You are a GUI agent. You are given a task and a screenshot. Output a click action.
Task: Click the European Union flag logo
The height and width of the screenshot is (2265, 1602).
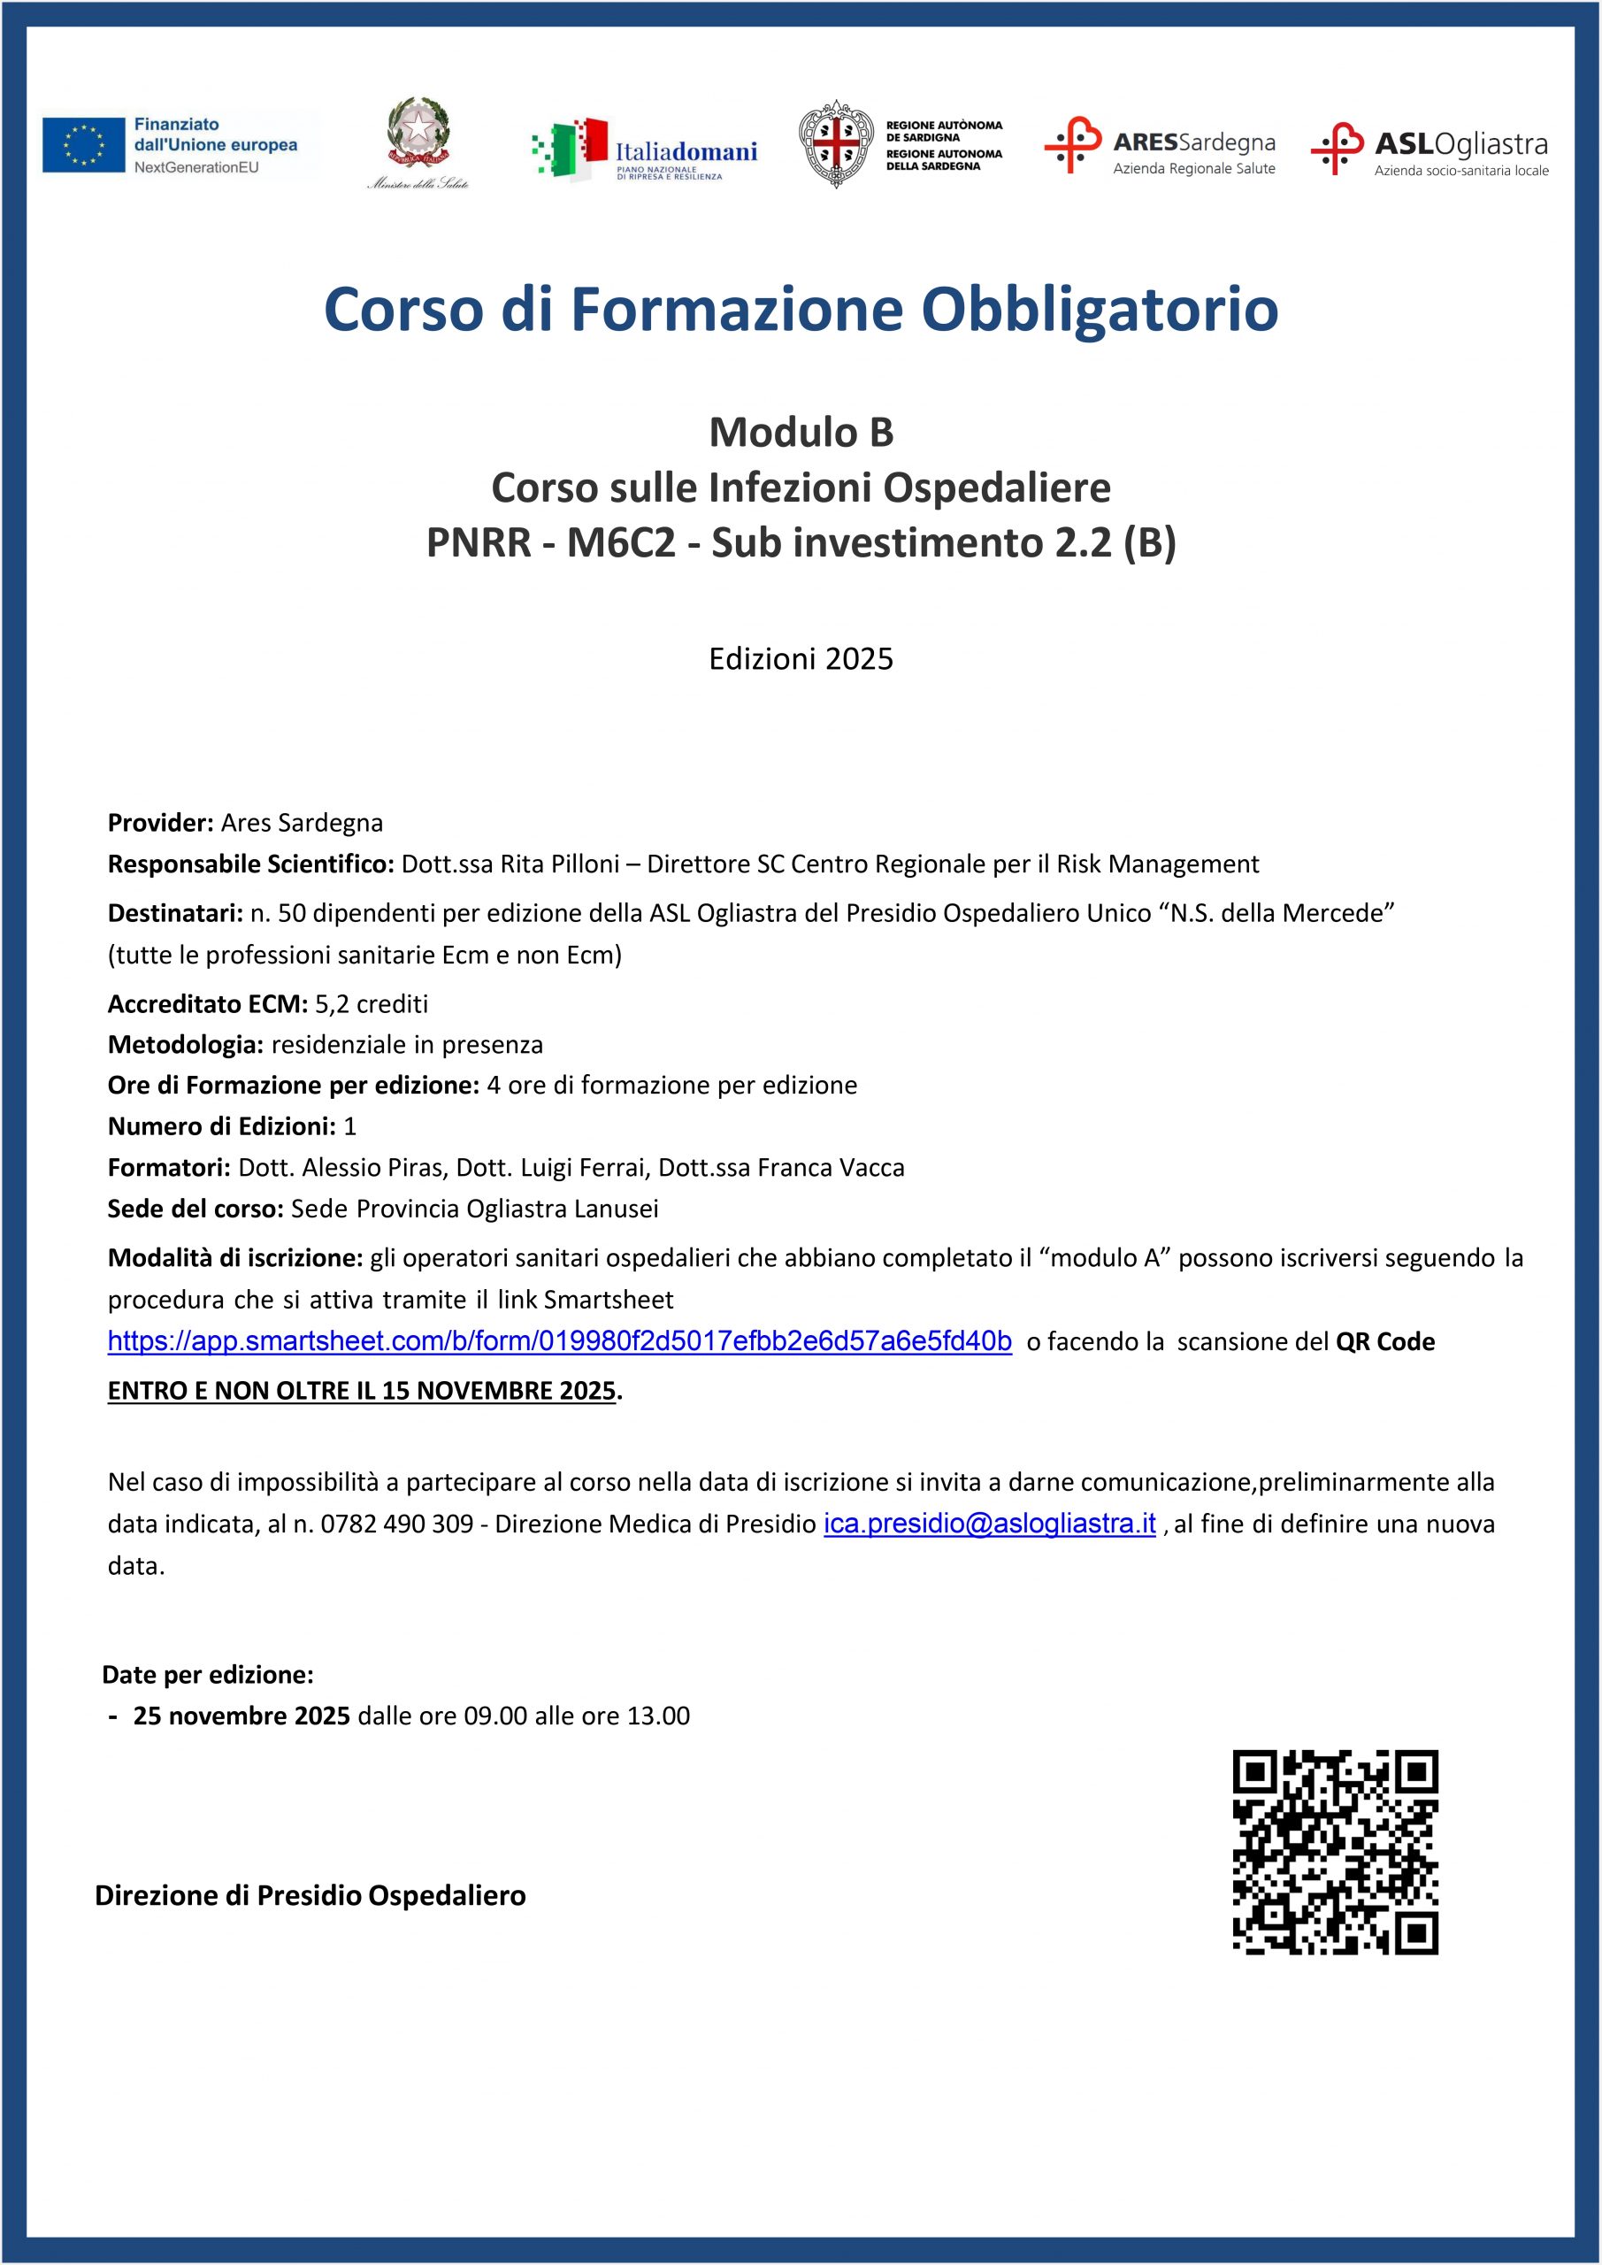pos(83,145)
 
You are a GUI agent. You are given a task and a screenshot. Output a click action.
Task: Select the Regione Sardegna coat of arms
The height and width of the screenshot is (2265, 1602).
pos(836,144)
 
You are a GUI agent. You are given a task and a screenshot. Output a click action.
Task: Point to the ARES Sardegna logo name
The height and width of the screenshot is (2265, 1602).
pos(1193,143)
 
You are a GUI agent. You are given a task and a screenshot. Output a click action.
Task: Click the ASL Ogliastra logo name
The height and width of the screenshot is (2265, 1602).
pos(1460,145)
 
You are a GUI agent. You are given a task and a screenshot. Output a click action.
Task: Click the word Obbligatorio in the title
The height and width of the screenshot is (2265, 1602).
pos(1099,309)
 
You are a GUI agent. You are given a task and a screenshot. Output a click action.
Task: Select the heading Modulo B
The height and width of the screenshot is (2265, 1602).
pos(801,432)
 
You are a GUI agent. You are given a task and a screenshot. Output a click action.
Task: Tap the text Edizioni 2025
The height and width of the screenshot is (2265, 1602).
pos(801,659)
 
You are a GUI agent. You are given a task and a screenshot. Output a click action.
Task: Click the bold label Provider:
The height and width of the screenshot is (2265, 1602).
pos(161,823)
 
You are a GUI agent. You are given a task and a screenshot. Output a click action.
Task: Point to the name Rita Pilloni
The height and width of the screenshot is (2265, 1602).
pos(559,864)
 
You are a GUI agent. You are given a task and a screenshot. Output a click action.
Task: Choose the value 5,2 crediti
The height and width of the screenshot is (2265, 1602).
pos(371,1004)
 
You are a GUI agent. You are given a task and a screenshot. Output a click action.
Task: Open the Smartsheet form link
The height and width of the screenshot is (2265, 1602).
pos(559,1341)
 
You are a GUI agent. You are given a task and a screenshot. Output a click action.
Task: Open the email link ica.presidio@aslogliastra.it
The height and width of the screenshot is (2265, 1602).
pos(989,1524)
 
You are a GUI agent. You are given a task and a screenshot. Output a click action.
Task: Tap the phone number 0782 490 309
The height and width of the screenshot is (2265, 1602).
pos(396,1524)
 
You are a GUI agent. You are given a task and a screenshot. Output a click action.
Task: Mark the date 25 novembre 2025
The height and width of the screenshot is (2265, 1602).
pos(241,1716)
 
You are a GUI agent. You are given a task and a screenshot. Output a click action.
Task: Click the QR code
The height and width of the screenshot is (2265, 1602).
pos(1335,1852)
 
